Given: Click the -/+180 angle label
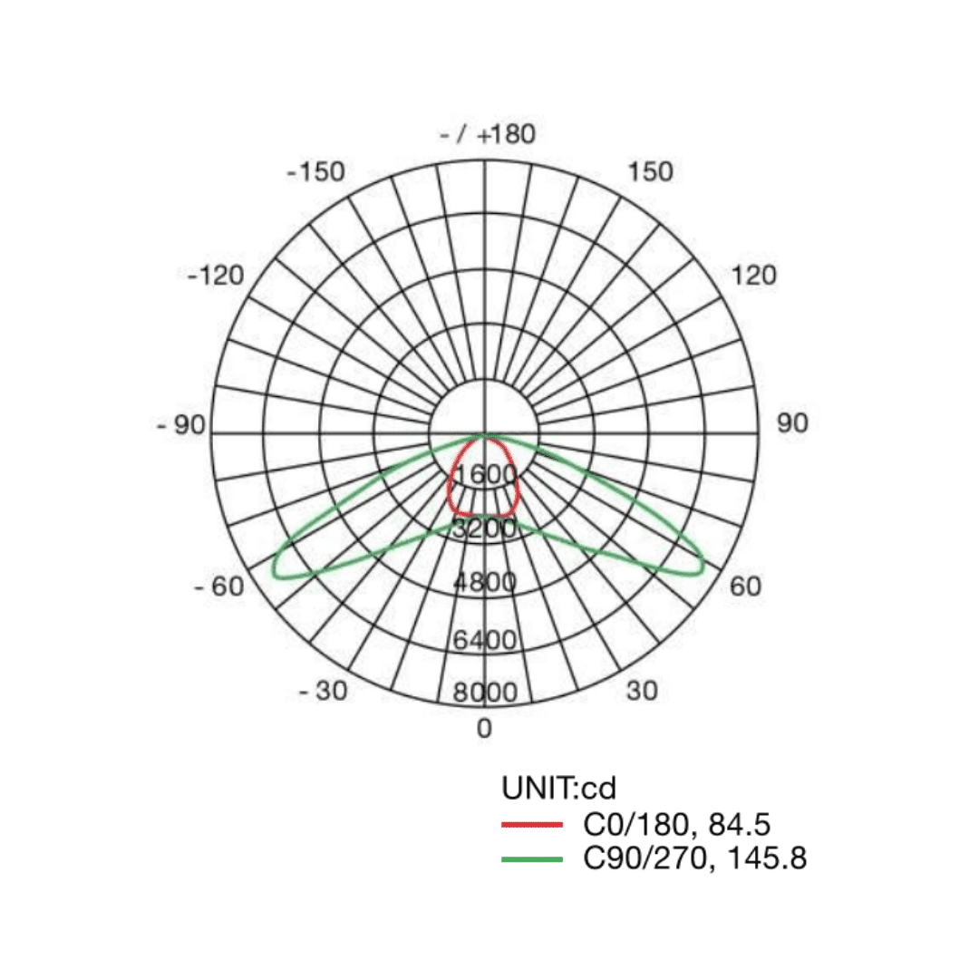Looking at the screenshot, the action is click(488, 134).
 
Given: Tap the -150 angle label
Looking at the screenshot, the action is click(316, 171).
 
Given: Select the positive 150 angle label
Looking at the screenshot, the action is click(650, 171).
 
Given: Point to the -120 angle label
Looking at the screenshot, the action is click(216, 276).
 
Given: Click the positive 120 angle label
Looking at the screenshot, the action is click(753, 276).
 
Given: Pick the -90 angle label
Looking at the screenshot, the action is click(180, 425).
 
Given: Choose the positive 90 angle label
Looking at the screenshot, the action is click(792, 423).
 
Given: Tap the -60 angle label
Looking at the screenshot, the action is click(219, 586).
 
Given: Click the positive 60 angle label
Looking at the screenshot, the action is click(745, 586).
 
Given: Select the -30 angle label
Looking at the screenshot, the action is click(323, 691).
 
